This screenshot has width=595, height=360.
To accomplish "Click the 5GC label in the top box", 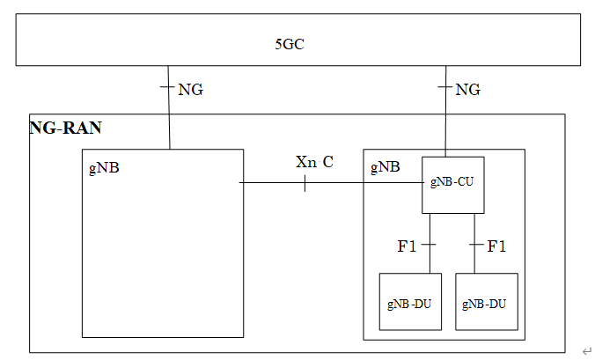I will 290,42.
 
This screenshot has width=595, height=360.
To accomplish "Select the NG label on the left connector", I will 190,90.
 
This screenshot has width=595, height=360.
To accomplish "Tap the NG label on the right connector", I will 467,90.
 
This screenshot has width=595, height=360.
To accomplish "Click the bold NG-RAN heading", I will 66,129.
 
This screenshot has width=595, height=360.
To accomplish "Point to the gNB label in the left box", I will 104,168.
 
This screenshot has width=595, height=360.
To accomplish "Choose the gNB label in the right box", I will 385,166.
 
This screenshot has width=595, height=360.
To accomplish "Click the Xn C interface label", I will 314,163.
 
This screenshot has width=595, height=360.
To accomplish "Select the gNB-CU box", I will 453,184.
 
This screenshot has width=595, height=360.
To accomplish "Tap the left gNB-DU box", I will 410,302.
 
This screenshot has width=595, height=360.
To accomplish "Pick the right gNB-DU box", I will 487,302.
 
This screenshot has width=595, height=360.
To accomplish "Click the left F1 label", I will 407,246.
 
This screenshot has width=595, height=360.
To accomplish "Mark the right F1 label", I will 496,246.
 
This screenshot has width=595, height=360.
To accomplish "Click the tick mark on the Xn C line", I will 305,183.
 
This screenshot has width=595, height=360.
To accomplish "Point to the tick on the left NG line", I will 167,87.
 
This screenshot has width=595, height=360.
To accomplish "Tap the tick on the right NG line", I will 445,87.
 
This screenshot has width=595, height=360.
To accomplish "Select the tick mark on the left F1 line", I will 430,243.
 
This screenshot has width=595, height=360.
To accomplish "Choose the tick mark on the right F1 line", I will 475,243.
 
